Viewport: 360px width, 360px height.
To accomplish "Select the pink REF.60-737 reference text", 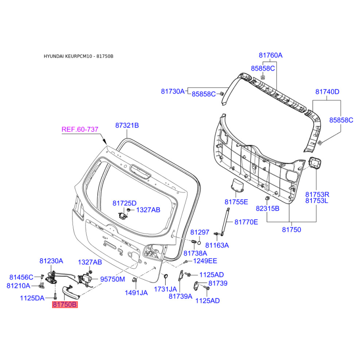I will [x=80, y=130].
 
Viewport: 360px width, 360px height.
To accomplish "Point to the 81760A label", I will [x=270, y=55].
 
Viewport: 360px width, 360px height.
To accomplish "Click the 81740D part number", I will [x=327, y=91].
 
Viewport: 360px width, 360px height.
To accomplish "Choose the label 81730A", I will [x=173, y=91].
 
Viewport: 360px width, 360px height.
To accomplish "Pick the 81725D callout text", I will [x=124, y=203].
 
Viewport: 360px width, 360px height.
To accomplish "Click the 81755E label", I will [x=236, y=202].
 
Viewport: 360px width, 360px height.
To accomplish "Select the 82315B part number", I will [x=268, y=208].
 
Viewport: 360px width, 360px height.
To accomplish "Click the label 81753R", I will [x=318, y=194].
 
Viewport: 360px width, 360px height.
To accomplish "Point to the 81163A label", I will [x=217, y=245].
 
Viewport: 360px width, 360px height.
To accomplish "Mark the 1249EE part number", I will [x=205, y=261].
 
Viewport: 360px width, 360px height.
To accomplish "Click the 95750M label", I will [x=112, y=279].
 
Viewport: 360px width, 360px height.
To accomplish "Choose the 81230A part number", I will [x=51, y=261].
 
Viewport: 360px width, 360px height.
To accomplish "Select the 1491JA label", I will [x=136, y=292].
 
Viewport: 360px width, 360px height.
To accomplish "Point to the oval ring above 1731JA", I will [x=165, y=275].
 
